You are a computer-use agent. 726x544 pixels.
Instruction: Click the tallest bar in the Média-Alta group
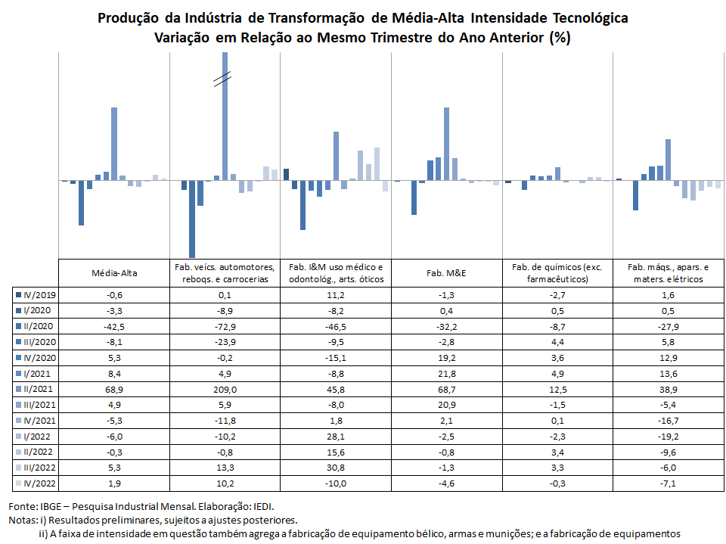tap(114, 144)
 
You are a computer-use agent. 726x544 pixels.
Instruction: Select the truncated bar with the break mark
tap(225, 116)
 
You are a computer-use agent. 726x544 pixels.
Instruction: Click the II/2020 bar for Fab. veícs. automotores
tap(192, 219)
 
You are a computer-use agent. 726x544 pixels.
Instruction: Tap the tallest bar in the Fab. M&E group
tap(447, 144)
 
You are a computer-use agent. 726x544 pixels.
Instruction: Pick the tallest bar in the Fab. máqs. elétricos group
tap(668, 160)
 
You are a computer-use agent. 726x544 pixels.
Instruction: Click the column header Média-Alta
tap(114, 273)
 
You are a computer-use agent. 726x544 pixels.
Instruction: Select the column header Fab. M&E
tap(446, 273)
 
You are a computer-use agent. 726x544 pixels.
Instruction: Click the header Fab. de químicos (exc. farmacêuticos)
tap(557, 273)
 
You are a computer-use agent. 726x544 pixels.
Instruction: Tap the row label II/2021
tap(38, 389)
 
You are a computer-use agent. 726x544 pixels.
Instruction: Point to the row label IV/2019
tap(40, 295)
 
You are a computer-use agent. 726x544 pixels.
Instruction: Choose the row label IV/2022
tap(40, 483)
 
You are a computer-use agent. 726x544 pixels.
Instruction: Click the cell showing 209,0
tap(225, 389)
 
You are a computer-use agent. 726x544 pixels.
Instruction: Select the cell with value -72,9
tap(225, 327)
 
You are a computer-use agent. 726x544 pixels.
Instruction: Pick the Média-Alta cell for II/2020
tap(114, 327)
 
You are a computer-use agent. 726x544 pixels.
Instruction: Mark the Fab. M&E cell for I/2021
tap(447, 374)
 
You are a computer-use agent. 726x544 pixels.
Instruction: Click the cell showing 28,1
tap(336, 437)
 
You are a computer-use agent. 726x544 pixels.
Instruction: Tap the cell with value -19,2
tap(668, 437)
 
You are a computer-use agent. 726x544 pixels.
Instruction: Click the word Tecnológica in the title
tap(591, 18)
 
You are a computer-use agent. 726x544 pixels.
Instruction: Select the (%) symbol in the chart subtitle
tap(560, 37)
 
